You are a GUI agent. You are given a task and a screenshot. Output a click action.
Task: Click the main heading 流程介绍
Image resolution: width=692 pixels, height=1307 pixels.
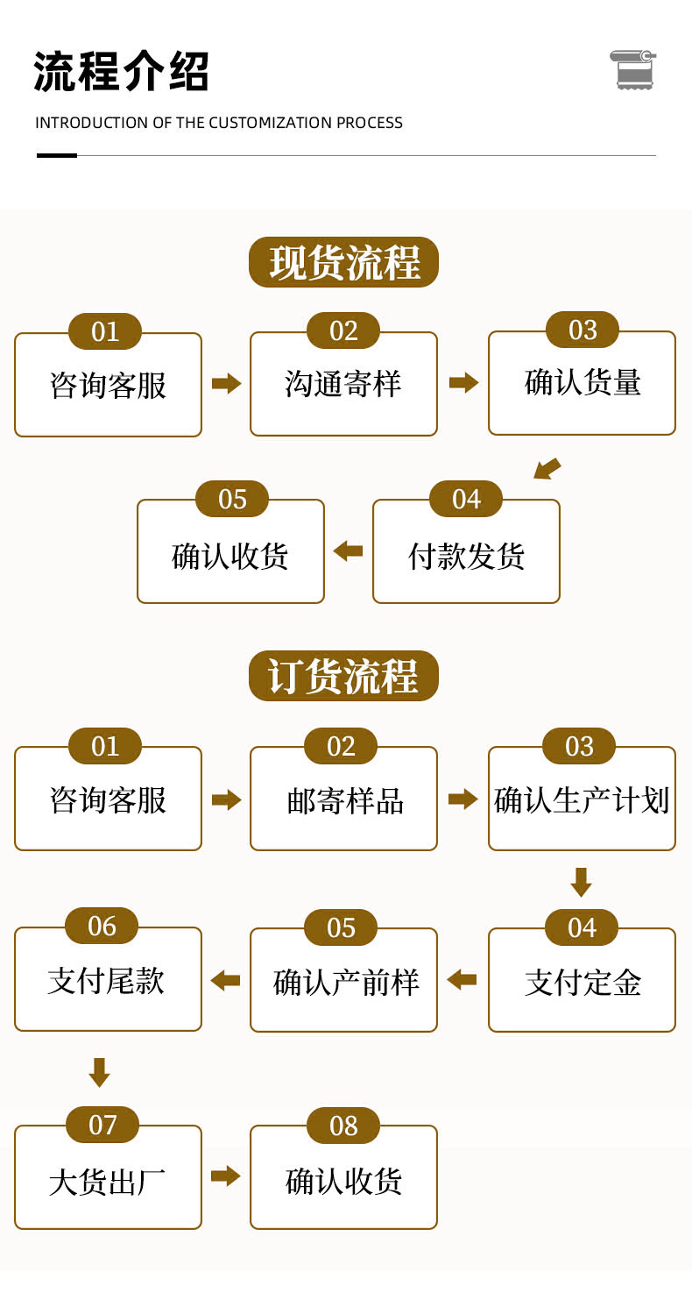122,72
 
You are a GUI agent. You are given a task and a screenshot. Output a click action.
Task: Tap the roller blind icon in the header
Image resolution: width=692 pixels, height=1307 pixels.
632,69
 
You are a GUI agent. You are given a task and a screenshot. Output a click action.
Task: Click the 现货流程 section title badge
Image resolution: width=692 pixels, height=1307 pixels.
343,262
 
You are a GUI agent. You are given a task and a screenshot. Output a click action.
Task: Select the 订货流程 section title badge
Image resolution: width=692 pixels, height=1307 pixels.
343,676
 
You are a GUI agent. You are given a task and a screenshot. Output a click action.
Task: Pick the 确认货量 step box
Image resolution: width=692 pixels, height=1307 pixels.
582,384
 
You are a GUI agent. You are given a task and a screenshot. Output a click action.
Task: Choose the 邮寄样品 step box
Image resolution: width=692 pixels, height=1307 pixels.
343,800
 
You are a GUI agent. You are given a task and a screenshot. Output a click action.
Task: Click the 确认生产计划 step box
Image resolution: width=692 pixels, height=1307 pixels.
582,800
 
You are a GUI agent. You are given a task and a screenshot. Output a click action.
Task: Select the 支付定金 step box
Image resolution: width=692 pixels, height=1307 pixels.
582,982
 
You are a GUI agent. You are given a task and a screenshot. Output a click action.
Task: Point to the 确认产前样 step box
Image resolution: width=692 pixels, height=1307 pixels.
343,982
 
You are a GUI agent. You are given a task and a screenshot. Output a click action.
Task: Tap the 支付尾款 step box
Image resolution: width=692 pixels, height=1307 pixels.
108,981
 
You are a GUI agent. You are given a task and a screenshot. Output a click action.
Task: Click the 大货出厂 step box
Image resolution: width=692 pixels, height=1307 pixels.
108,1180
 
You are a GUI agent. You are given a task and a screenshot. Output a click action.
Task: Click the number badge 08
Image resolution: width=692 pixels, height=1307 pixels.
343,1126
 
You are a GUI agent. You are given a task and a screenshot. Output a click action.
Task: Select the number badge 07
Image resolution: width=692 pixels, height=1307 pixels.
102,1125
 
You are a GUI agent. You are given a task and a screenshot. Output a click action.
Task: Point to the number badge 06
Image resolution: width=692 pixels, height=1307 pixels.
102,926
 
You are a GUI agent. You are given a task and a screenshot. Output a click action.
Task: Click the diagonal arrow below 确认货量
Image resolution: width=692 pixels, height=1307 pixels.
547,469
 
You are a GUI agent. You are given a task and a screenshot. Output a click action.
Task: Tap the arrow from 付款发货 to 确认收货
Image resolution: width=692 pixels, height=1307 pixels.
348,551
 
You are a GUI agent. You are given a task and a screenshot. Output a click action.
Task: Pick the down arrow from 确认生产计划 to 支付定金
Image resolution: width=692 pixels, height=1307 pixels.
581,882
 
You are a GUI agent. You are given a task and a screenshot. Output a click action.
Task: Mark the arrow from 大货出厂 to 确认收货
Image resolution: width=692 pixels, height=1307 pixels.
225,1176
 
